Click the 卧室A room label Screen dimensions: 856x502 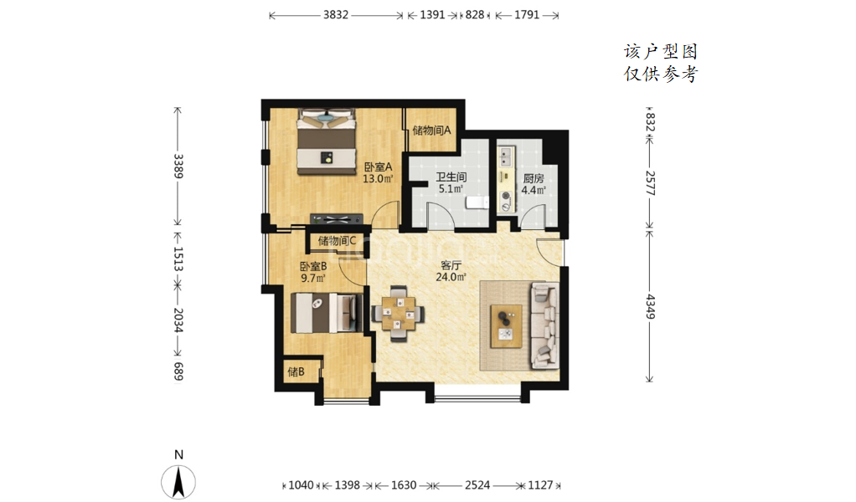379,166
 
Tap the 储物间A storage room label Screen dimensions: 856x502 432,131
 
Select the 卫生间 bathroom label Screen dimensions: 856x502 451,177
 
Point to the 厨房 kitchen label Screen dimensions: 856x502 534,178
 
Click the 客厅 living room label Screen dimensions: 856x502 451,265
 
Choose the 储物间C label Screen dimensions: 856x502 337,240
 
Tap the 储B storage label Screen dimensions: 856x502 296,371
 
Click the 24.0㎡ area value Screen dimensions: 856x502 451,277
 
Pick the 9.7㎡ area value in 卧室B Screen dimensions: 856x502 313,278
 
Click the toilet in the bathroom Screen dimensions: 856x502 477,202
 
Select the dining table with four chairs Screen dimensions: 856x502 398,314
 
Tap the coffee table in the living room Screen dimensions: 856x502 506,326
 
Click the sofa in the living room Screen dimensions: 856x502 544,325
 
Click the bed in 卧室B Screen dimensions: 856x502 327,313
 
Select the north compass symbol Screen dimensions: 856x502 178,481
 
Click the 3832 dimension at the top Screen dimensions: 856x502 336,15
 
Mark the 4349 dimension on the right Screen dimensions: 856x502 650,306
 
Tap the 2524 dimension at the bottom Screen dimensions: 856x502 477,485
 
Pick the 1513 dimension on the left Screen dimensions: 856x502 178,259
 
